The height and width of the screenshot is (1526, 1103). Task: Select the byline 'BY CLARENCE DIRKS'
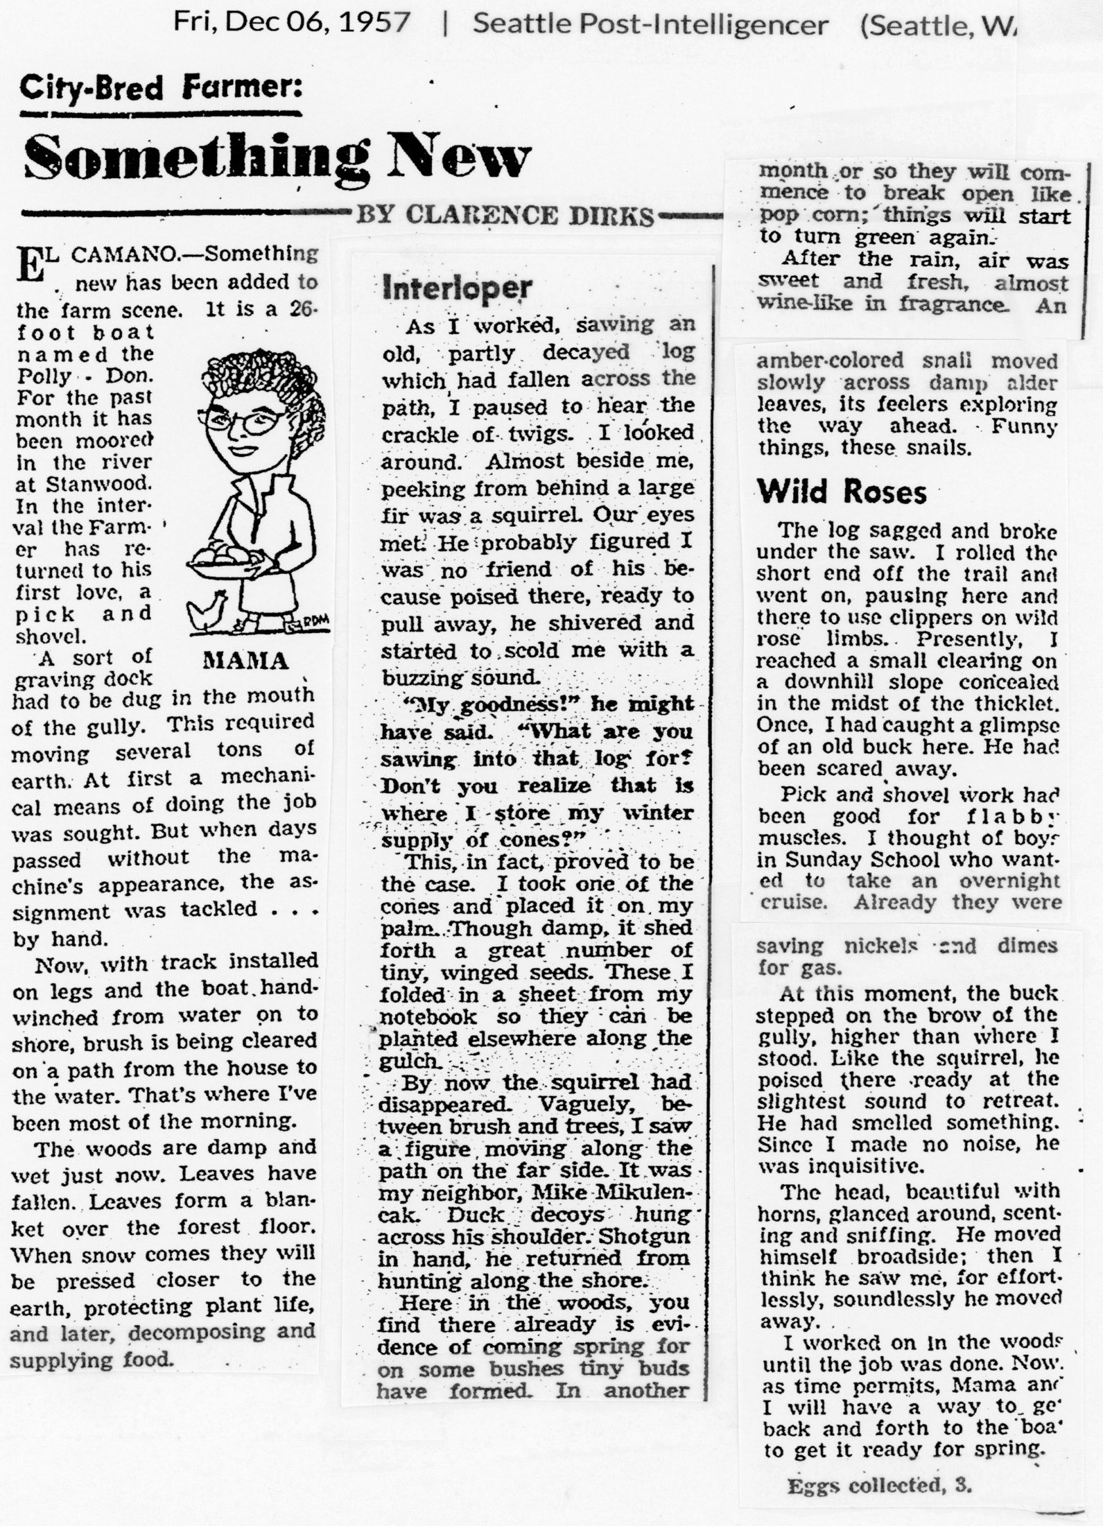click(x=505, y=216)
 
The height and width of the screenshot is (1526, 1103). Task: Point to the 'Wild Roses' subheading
click(x=842, y=492)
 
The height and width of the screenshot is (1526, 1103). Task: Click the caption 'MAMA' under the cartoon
click(x=245, y=661)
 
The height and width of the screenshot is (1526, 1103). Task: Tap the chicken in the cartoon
click(x=208, y=610)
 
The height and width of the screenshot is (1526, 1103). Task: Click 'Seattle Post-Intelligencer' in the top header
click(x=650, y=25)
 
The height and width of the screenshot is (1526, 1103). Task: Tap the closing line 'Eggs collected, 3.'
click(x=879, y=1485)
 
